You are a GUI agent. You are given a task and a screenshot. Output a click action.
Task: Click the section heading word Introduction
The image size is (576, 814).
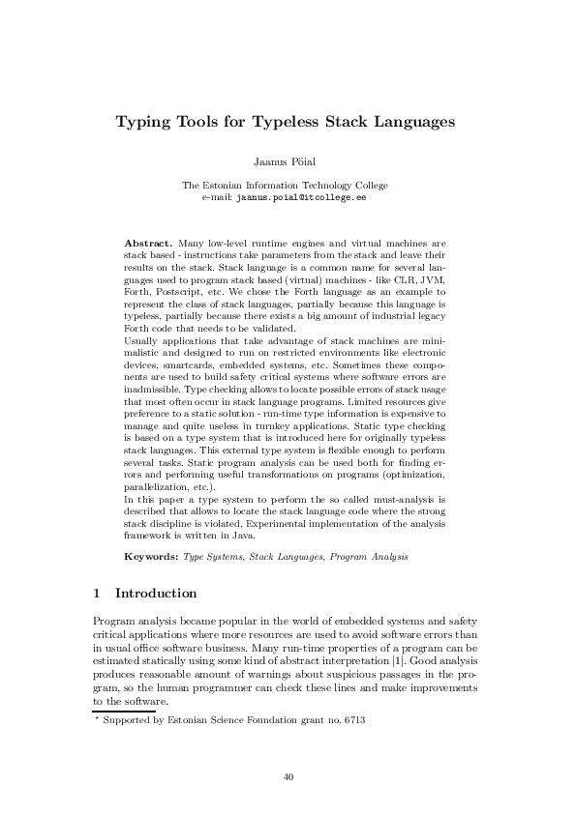(x=156, y=593)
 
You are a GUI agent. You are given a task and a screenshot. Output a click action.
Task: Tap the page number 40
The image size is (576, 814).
(x=288, y=776)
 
